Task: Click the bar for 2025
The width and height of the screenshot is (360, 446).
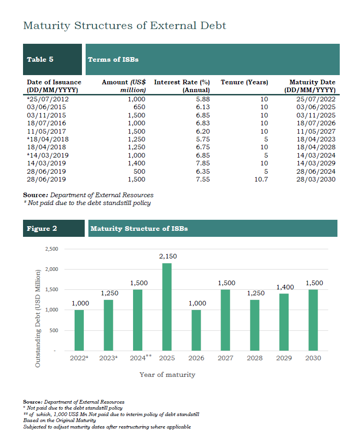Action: tap(167, 307)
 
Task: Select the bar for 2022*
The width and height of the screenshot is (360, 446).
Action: tap(79, 330)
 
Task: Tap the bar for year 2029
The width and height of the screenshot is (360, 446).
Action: tap(284, 322)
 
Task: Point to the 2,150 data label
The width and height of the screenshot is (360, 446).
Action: tap(168, 256)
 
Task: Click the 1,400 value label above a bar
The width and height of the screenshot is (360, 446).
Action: tap(285, 288)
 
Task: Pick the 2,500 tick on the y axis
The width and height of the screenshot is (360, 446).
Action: tap(52, 249)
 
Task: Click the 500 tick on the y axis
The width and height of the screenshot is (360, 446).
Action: tap(54, 330)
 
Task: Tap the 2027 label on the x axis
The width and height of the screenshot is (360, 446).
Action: tap(225, 358)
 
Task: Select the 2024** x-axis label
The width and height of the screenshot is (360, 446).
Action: tap(141, 358)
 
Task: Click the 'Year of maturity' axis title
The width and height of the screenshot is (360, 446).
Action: tap(168, 375)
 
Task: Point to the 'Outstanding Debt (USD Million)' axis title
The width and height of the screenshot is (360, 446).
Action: tap(38, 318)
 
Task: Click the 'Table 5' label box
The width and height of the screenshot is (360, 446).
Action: tap(52, 59)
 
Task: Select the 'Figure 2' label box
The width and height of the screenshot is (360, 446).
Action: tap(54, 228)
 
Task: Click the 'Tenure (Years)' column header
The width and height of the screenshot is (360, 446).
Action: tap(244, 82)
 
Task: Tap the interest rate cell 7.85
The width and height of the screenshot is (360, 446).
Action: tap(203, 163)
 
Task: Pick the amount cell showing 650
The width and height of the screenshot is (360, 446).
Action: tap(139, 107)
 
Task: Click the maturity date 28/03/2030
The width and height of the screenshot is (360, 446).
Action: tap(316, 180)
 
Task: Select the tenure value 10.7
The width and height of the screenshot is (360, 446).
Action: tap(261, 180)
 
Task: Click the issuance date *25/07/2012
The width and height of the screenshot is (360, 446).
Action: tap(48, 99)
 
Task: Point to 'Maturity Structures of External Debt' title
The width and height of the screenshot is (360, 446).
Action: tap(125, 26)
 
